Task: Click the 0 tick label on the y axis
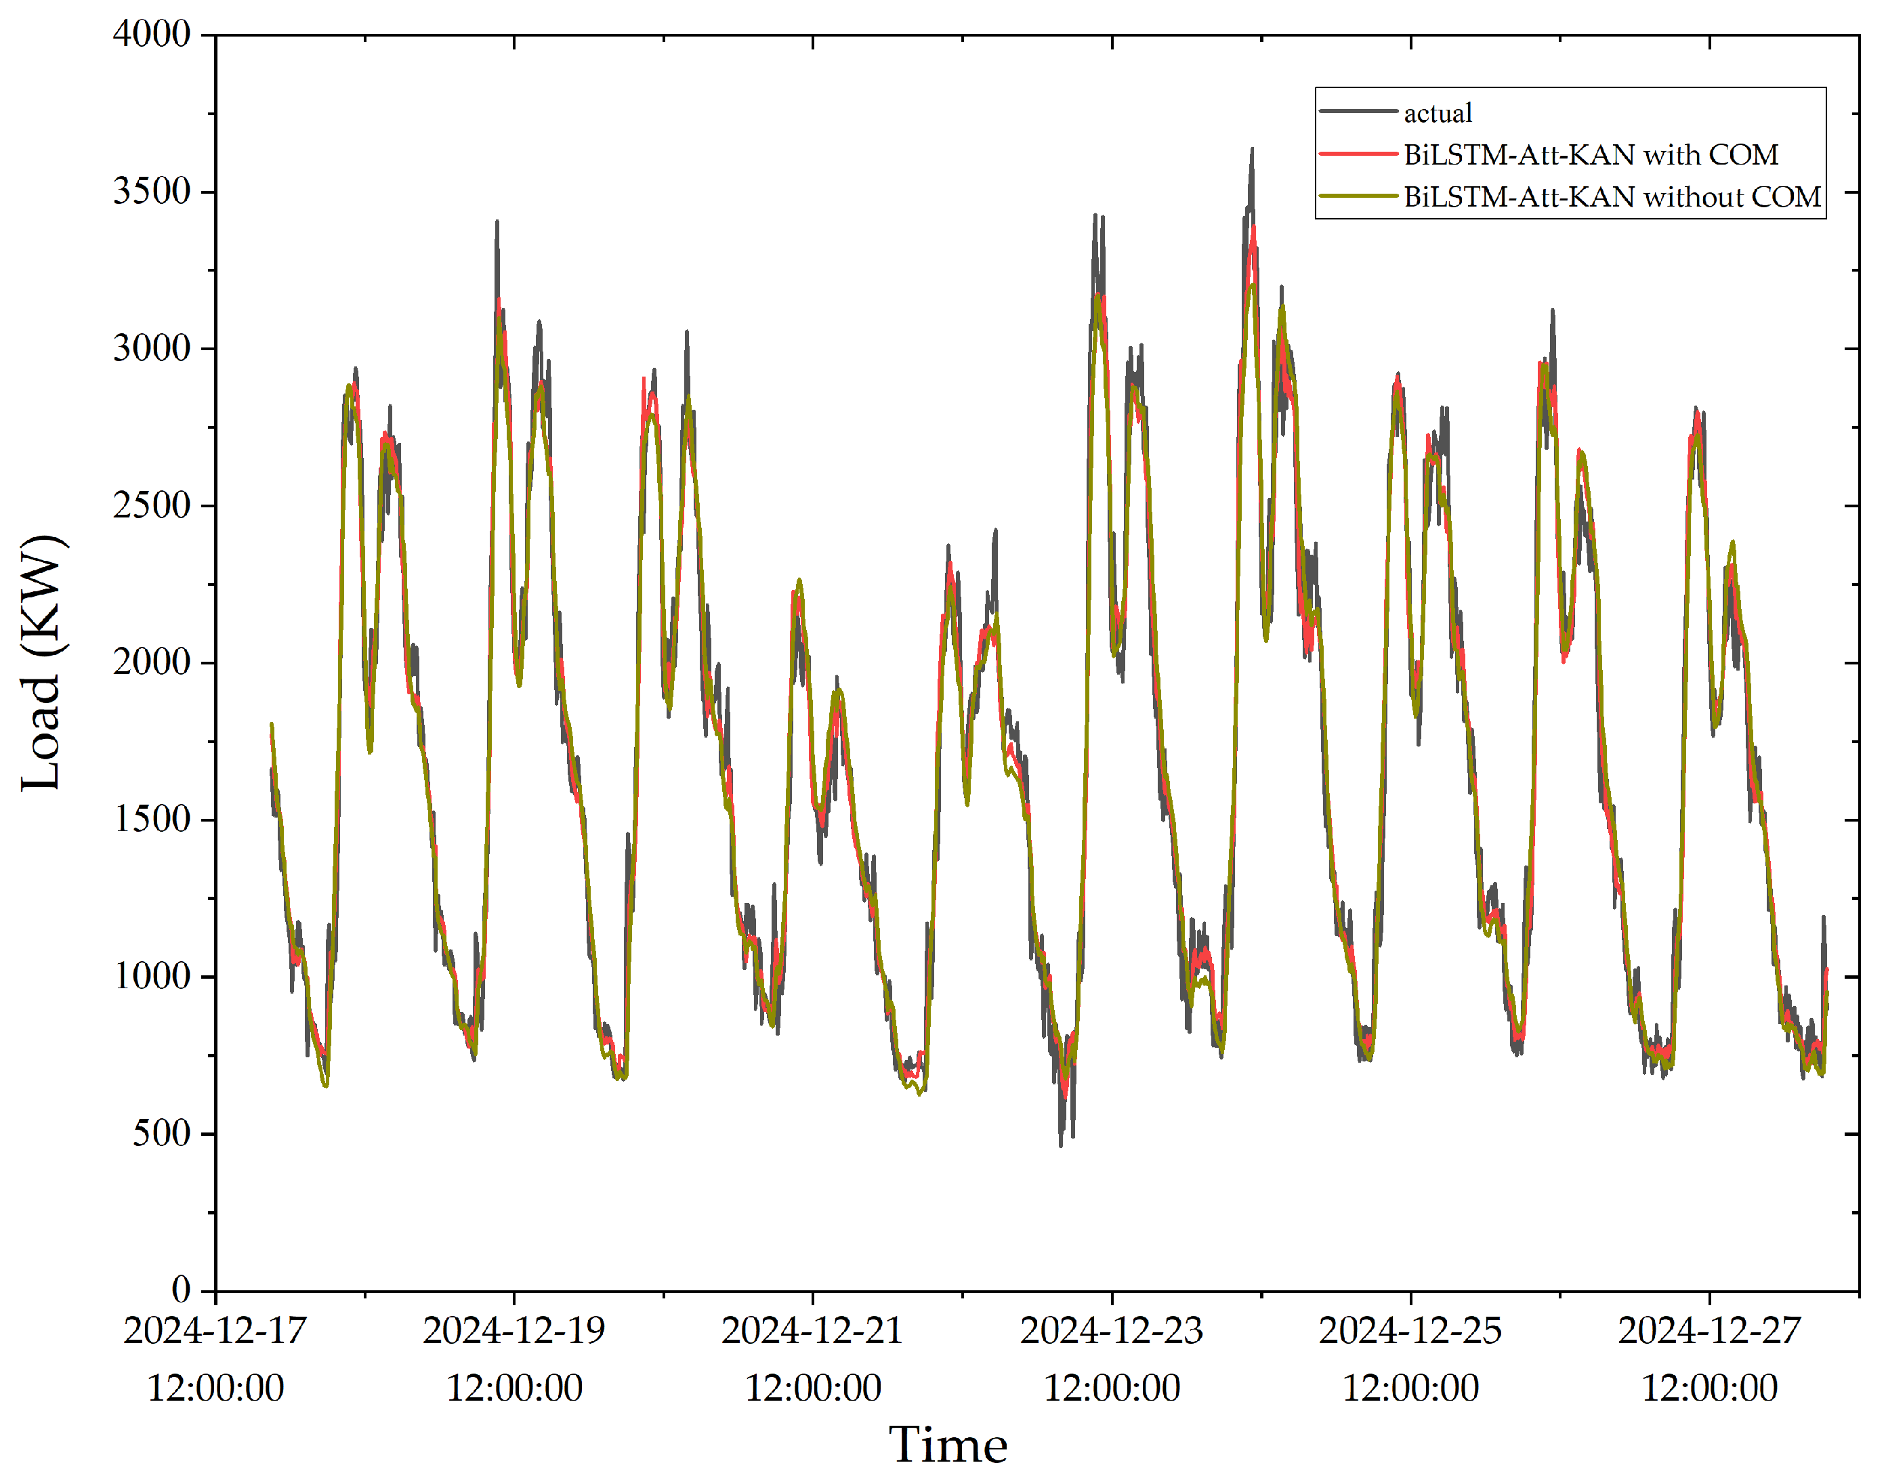[181, 1290]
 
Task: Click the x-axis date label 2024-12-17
[215, 1331]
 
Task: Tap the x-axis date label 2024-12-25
[1410, 1331]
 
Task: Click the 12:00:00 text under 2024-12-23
[1112, 1388]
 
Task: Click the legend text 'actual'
[1438, 113]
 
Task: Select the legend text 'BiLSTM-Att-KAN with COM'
[1591, 154]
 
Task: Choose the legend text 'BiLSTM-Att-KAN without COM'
[1612, 197]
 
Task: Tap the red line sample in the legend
[1358, 154]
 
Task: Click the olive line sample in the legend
[1358, 196]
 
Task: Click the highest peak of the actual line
[1253, 150]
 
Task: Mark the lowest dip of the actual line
[1060, 1145]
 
